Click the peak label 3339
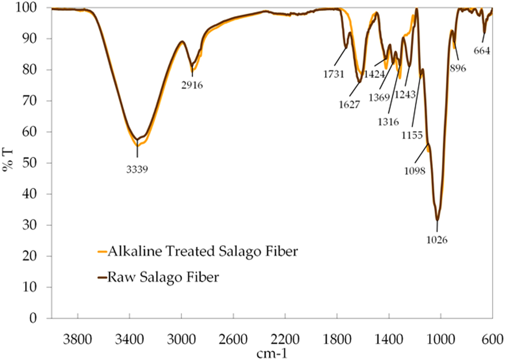point(137,168)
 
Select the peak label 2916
point(192,85)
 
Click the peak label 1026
point(437,240)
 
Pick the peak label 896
point(458,69)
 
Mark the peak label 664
point(482,51)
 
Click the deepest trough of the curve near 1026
point(437,220)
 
